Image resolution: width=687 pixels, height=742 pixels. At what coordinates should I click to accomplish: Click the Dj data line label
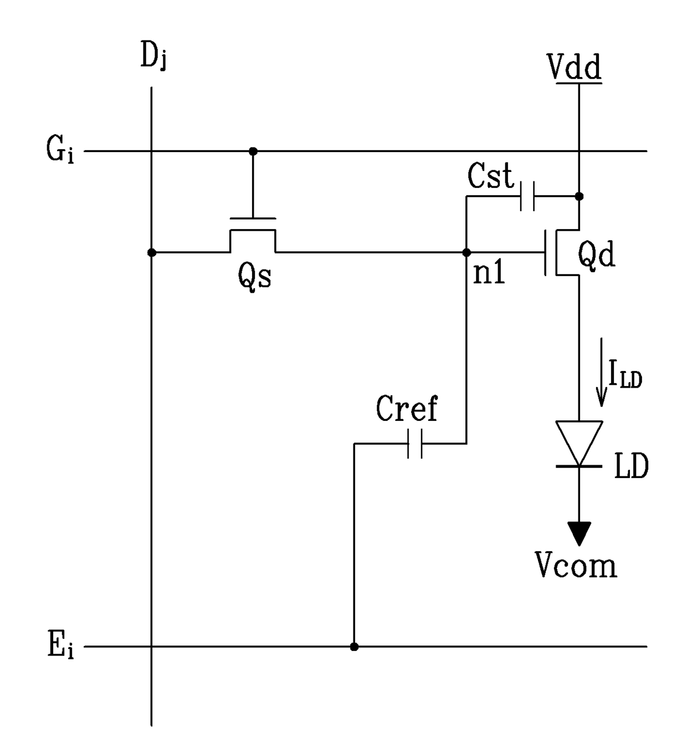153,55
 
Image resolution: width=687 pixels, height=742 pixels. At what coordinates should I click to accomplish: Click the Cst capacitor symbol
527,196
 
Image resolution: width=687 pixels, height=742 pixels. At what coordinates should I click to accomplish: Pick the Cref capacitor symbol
415,444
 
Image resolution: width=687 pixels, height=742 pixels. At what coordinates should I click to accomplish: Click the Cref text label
407,408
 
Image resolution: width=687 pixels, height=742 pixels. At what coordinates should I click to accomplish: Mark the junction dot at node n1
466,252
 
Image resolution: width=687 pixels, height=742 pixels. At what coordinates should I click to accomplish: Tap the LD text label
632,466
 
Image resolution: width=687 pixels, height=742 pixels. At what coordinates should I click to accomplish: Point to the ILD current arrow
601,372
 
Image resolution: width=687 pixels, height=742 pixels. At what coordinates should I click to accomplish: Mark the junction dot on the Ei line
355,647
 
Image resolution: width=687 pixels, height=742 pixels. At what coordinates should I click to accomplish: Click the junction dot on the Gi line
253,151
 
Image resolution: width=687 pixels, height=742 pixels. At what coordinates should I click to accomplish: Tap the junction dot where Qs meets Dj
152,252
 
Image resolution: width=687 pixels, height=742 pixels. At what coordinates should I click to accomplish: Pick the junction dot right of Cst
579,196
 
